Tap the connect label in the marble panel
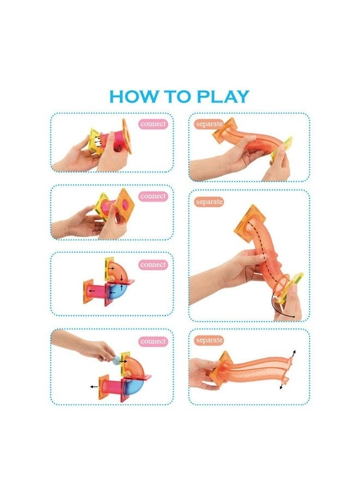153,341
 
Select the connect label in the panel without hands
153,264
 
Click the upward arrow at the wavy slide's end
293,353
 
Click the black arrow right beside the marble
124,361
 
